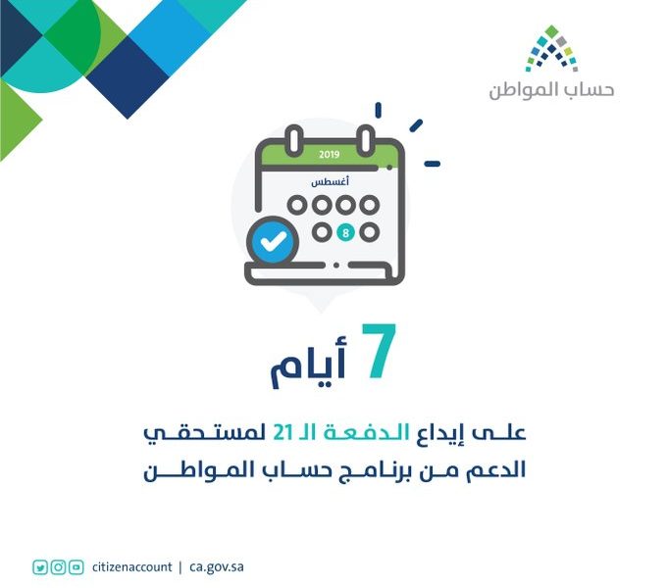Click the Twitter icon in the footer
click(x=40, y=567)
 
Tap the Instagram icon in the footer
click(x=58, y=567)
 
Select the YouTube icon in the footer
click(x=77, y=567)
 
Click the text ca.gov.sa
click(x=217, y=568)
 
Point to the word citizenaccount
click(x=131, y=567)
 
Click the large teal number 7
click(x=379, y=351)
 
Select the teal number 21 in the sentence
click(x=282, y=433)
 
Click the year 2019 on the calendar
click(x=330, y=154)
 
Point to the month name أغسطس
click(x=331, y=182)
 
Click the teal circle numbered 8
click(x=345, y=233)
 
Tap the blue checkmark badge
click(x=273, y=241)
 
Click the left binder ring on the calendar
click(x=293, y=139)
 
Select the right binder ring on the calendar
click(x=366, y=139)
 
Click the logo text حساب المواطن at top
click(x=551, y=89)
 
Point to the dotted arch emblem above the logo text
click(x=551, y=49)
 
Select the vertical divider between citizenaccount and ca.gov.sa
click(x=180, y=568)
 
